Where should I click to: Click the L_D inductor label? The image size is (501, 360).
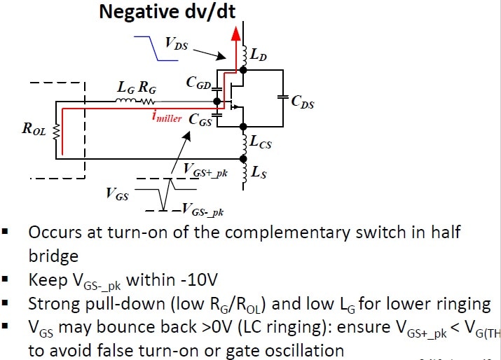point(260,54)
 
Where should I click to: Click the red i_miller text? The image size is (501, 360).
point(167,117)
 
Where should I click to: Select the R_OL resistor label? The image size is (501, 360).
point(35,129)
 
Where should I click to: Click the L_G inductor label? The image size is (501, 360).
point(125,90)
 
